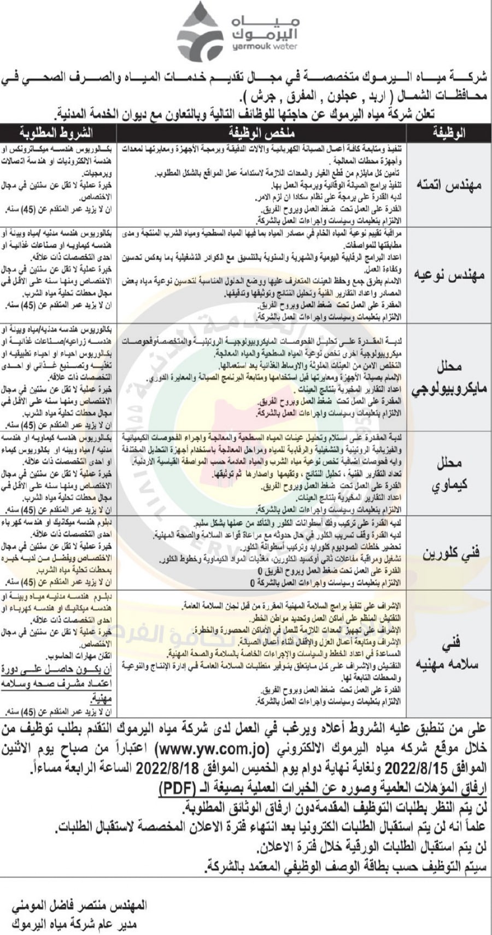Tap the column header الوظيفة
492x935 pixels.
point(449,132)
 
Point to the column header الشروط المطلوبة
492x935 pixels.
point(57,132)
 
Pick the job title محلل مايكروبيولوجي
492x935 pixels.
point(449,377)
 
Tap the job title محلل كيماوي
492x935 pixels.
point(449,474)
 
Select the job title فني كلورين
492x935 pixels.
point(449,553)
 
